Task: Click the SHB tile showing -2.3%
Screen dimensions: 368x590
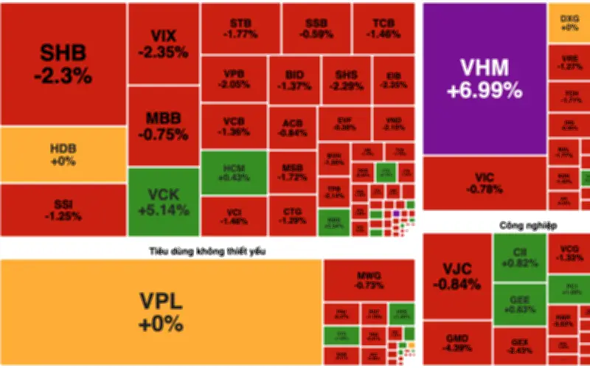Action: coord(63,64)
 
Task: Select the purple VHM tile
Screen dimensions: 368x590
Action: coord(485,79)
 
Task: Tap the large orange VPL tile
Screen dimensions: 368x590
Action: coord(161,312)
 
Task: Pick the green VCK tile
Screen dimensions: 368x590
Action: coord(163,201)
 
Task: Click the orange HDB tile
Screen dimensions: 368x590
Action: coord(63,155)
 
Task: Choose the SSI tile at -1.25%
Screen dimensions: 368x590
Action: coord(63,209)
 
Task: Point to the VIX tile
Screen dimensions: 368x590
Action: coord(163,44)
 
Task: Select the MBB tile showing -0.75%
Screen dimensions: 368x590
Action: coord(163,125)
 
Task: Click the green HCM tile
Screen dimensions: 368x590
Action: coord(234,172)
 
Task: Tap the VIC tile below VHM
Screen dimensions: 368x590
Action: coord(485,183)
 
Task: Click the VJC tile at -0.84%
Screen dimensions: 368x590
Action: coord(457,276)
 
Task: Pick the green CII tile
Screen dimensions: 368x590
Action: coord(519,257)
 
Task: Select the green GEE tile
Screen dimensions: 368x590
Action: coord(519,303)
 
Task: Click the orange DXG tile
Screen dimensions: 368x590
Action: coord(569,22)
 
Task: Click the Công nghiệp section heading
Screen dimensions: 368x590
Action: coord(527,223)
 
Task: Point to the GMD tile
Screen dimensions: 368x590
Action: coord(457,343)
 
